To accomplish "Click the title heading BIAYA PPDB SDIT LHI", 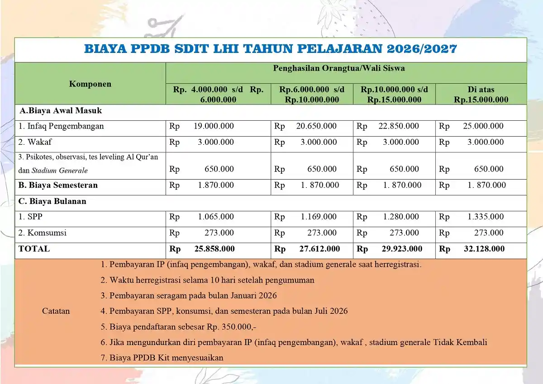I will tap(271, 49).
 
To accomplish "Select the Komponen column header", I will tap(90, 84).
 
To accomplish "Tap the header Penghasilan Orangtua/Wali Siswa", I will tap(338, 69).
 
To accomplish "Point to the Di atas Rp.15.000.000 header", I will tap(481, 95).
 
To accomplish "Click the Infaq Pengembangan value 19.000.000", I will tap(214, 126).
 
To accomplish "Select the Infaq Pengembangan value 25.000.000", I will tap(483, 126).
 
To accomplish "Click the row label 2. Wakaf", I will tap(35, 142).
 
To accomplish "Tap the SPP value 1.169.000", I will tap(319, 217).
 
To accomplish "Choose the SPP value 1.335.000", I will tap(486, 217).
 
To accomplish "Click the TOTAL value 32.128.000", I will tap(484, 249).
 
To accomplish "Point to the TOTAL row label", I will tap(34, 249).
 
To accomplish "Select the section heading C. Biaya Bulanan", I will tap(52, 201).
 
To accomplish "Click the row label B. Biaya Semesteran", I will tap(58, 185).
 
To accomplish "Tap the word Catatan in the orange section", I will tap(56, 311).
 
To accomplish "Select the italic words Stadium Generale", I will tap(59, 171).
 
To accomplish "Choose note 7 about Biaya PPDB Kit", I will tap(162, 358).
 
